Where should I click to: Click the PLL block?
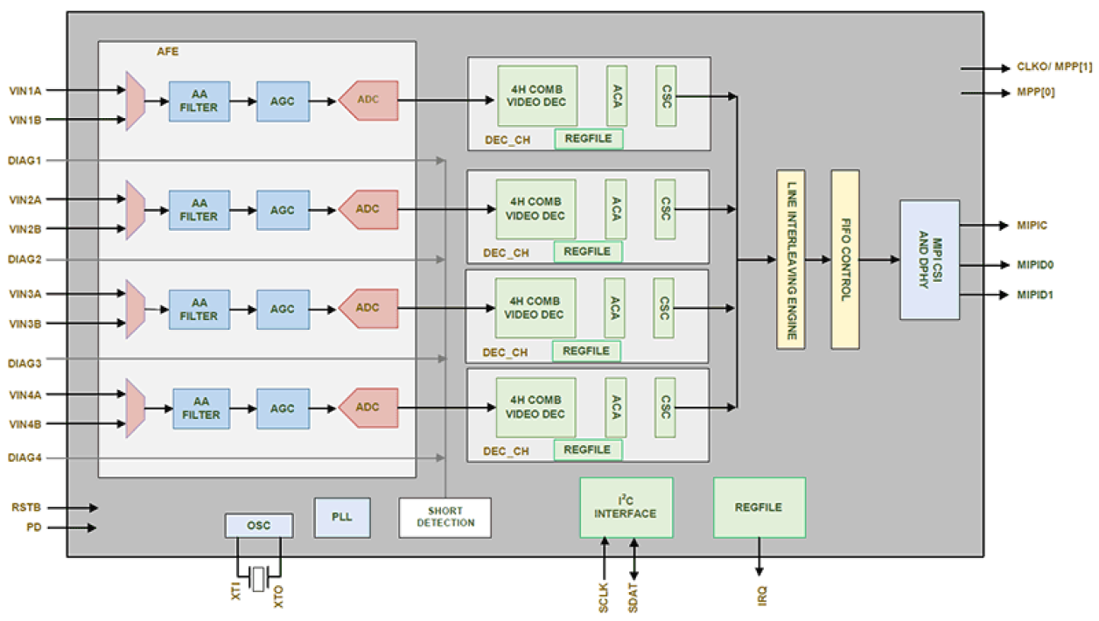tap(342, 518)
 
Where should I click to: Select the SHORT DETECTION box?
tap(444, 517)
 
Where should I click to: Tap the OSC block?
tap(259, 526)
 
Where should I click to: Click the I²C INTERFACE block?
tap(626, 507)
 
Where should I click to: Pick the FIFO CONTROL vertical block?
tap(844, 260)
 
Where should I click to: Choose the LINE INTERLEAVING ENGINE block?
tap(790, 260)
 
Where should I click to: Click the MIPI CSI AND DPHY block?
tap(929, 260)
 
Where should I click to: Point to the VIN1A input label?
tap(25, 90)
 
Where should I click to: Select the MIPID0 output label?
tap(1035, 265)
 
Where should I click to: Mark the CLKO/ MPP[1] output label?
tap(1042, 67)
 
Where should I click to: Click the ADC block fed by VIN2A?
tap(368, 209)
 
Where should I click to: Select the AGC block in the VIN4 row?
tap(282, 408)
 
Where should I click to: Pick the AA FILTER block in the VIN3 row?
tap(199, 309)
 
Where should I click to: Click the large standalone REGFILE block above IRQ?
tap(759, 507)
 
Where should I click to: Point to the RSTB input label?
tap(26, 507)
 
